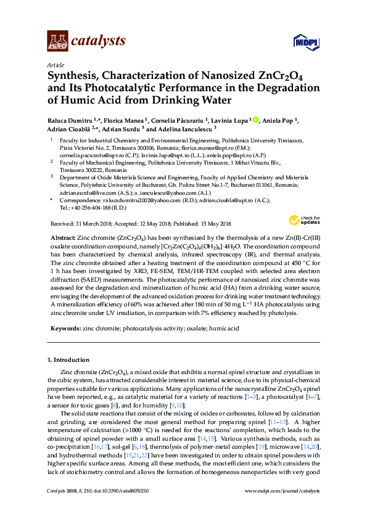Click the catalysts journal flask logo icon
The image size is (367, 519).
pyautogui.click(x=57, y=41)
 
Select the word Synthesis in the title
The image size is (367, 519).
pyautogui.click(x=76, y=76)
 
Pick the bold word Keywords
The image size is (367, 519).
pyautogui.click(x=65, y=329)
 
